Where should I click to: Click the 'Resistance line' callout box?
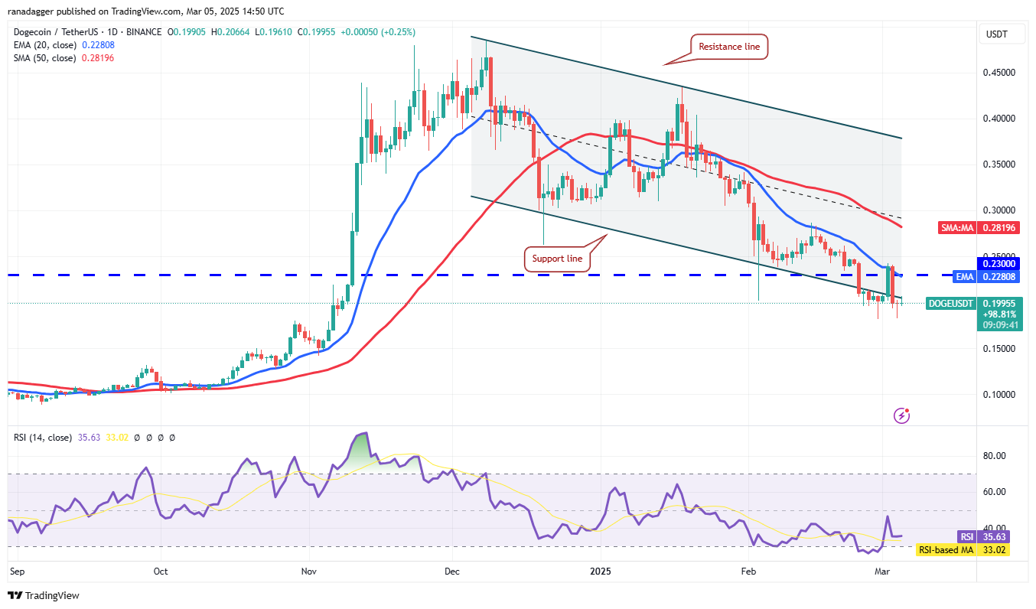[729, 47]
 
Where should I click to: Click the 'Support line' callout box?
[557, 259]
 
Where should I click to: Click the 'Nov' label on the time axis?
[309, 571]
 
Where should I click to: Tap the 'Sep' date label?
[17, 571]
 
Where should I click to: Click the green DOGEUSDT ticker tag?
[951, 304]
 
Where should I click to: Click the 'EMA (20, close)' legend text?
[44, 45]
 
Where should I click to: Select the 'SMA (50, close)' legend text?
[44, 58]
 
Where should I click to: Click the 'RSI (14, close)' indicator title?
[43, 438]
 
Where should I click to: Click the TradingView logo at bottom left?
[44, 595]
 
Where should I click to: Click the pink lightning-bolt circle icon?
[902, 416]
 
